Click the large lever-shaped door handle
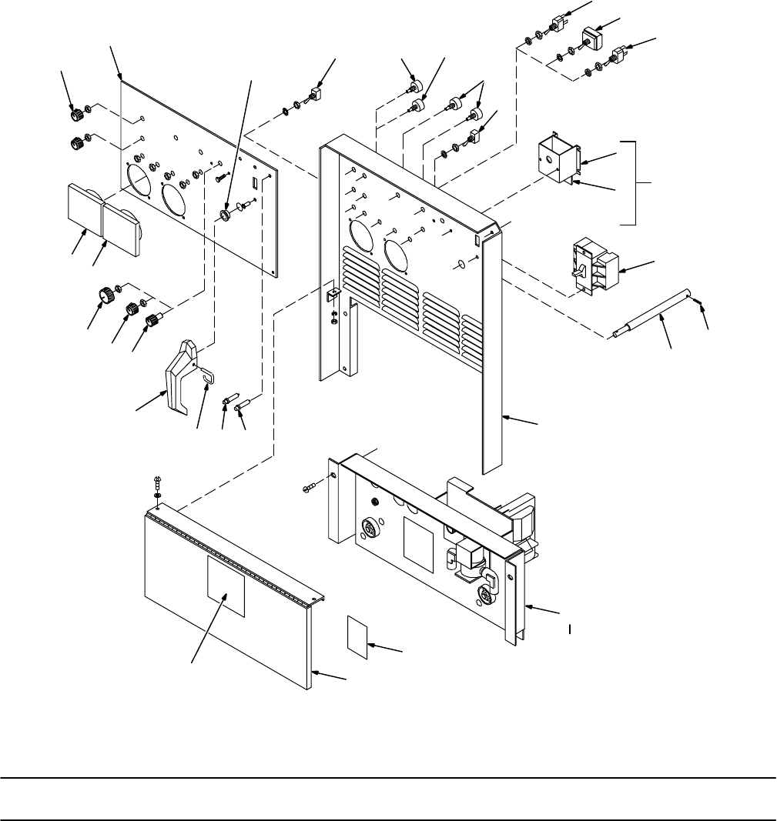[180, 377]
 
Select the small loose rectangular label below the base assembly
[360, 638]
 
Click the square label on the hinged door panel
[226, 586]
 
